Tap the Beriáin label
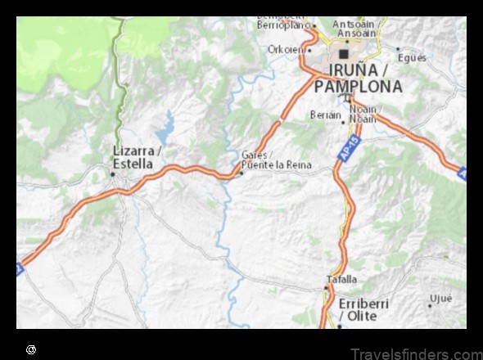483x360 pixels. click(325, 115)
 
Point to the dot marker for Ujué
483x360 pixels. click(429, 305)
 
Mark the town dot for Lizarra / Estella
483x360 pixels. click(113, 173)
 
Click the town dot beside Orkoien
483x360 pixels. click(309, 49)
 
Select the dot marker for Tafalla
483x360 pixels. click(326, 288)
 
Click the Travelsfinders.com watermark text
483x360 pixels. click(414, 353)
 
